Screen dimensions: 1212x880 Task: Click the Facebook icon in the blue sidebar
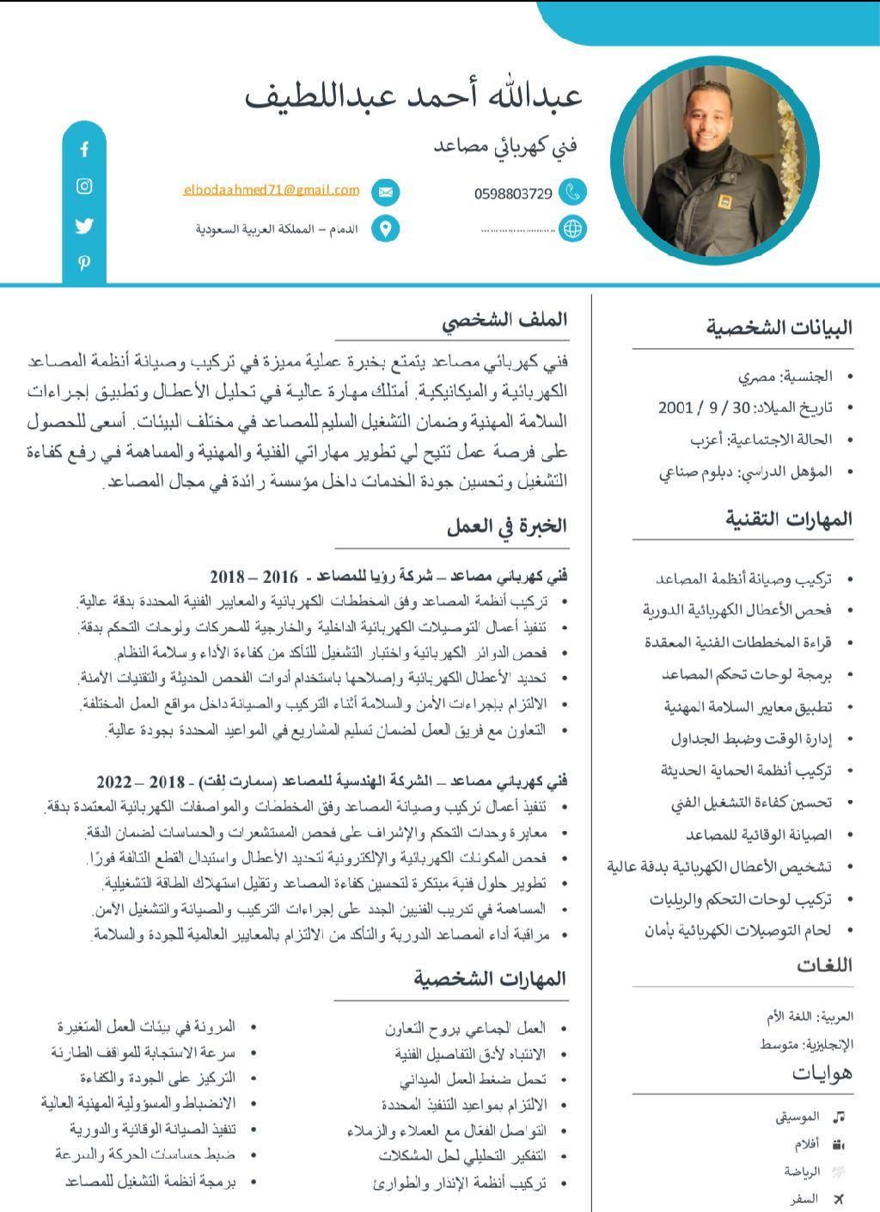pyautogui.click(x=84, y=150)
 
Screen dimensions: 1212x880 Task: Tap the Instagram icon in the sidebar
pyautogui.click(x=84, y=187)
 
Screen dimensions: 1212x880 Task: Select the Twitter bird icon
pyautogui.click(x=84, y=226)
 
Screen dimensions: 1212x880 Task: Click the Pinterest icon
pyautogui.click(x=84, y=263)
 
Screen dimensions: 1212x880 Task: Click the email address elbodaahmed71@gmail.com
pyautogui.click(x=272, y=190)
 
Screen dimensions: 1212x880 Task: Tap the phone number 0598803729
pyautogui.click(x=513, y=194)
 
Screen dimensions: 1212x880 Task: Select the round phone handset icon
pyautogui.click(x=572, y=193)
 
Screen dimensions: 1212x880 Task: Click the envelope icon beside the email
pyautogui.click(x=386, y=192)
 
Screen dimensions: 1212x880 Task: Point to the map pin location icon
pyautogui.click(x=386, y=229)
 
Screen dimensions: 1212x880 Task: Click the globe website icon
pyautogui.click(x=572, y=229)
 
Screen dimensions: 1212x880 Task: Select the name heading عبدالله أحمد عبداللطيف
pyautogui.click(x=414, y=95)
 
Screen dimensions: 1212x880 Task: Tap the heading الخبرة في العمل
pyautogui.click(x=507, y=526)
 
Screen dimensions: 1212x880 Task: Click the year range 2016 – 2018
pyautogui.click(x=254, y=577)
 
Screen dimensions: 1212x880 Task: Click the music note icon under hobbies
pyautogui.click(x=839, y=1117)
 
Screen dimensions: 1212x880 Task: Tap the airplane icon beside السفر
pyautogui.click(x=839, y=1199)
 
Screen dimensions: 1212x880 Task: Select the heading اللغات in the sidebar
pyautogui.click(x=824, y=965)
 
